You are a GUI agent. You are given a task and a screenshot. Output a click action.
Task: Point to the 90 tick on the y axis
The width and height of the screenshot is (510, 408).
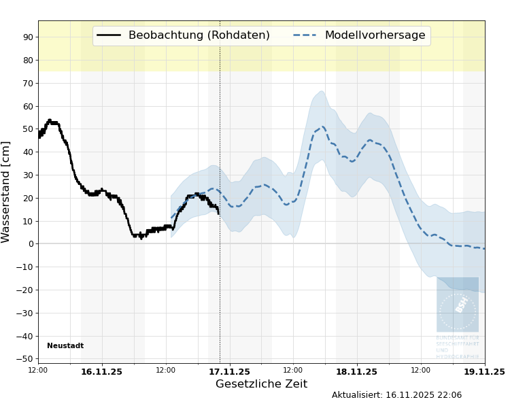click(29, 37)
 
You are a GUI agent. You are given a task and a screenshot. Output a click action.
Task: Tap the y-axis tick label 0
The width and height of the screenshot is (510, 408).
click(31, 244)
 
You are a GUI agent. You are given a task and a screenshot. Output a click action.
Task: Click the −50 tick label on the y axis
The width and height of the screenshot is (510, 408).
click(26, 359)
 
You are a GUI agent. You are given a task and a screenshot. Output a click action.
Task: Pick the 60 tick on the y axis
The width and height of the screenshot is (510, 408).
click(29, 106)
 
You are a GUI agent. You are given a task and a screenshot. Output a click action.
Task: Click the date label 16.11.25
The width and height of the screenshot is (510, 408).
click(102, 372)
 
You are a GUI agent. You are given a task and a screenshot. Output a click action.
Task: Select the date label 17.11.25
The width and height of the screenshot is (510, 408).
click(229, 372)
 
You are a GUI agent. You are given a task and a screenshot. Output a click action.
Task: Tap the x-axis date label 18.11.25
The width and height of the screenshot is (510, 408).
click(356, 372)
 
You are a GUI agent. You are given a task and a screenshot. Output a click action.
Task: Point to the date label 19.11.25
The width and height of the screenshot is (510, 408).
click(484, 372)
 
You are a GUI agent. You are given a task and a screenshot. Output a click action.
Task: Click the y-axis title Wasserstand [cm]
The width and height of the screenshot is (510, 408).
click(6, 192)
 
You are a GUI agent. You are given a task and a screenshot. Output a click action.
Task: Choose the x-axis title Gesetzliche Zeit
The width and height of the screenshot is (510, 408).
click(261, 384)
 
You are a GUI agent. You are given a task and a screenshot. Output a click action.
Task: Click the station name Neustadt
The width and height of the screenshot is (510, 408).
click(65, 346)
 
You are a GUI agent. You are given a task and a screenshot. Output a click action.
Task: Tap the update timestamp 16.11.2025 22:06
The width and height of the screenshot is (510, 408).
click(424, 395)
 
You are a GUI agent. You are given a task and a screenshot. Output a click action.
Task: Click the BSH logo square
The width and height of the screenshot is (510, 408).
click(458, 304)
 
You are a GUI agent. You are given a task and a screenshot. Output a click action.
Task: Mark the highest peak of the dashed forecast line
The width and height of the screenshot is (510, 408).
click(322, 126)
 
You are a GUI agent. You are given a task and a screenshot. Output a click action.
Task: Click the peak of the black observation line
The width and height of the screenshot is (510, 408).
click(50, 120)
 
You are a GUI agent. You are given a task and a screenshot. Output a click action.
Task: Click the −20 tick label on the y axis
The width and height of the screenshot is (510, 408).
click(26, 290)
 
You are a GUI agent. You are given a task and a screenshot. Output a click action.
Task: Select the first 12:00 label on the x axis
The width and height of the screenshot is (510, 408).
click(38, 370)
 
